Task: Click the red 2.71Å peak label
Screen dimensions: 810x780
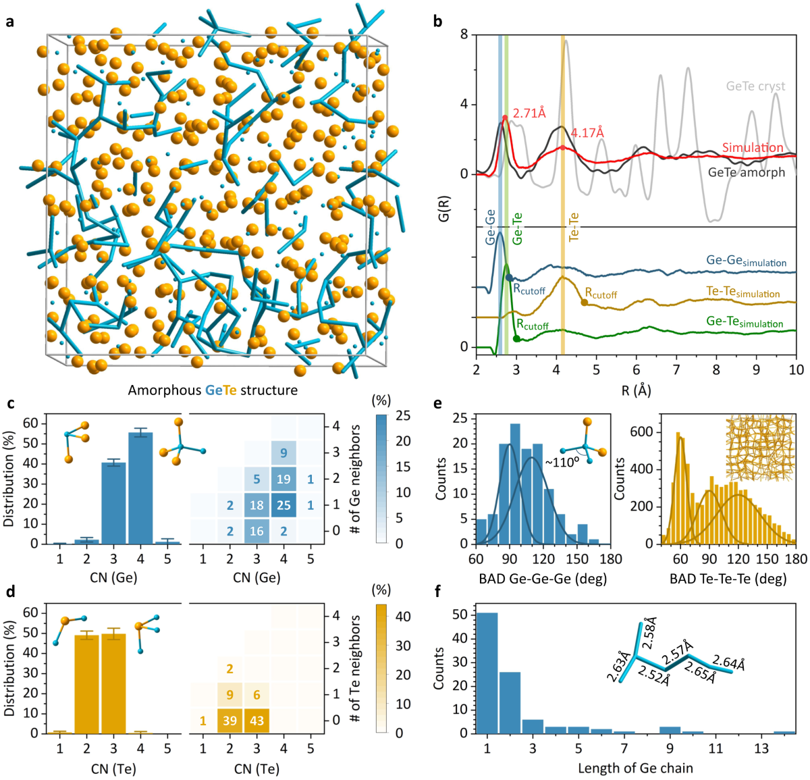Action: [529, 113]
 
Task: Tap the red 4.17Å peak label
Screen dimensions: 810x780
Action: [587, 133]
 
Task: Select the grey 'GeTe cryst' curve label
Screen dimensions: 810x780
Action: [755, 86]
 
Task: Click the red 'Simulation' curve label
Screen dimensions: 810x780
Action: [753, 147]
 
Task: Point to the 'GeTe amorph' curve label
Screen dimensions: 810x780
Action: [747, 172]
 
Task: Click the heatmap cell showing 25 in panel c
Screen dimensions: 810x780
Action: [283, 505]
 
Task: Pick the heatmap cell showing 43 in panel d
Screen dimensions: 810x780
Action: [256, 721]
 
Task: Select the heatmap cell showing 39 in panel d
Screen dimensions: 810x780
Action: [230, 721]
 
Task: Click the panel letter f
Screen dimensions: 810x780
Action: [437, 592]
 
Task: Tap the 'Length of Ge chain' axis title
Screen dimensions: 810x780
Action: [635, 768]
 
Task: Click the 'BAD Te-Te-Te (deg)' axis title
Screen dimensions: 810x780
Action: [728, 579]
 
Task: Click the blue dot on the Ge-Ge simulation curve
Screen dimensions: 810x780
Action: [509, 278]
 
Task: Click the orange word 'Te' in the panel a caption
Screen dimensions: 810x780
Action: [230, 390]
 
